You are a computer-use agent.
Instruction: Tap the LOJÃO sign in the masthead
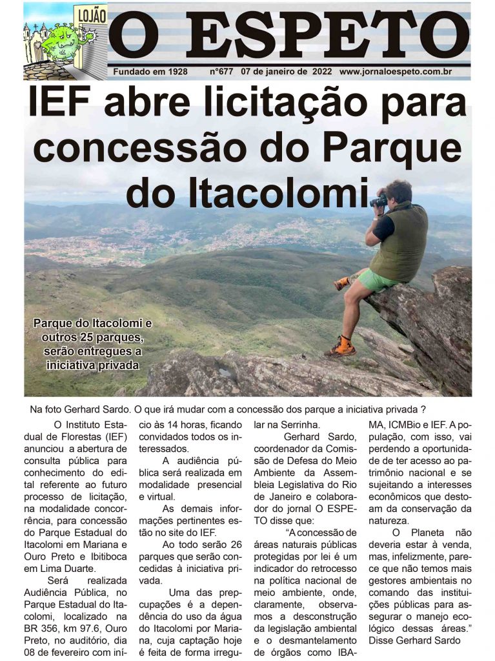click(90, 15)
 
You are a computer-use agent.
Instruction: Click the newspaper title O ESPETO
click(288, 36)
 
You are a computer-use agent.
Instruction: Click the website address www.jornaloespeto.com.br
click(405, 72)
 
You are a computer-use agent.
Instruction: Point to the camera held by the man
click(379, 200)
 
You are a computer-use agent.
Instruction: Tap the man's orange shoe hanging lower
click(342, 347)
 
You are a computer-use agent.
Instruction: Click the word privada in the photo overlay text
click(116, 365)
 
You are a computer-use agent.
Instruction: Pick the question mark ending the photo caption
click(423, 409)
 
